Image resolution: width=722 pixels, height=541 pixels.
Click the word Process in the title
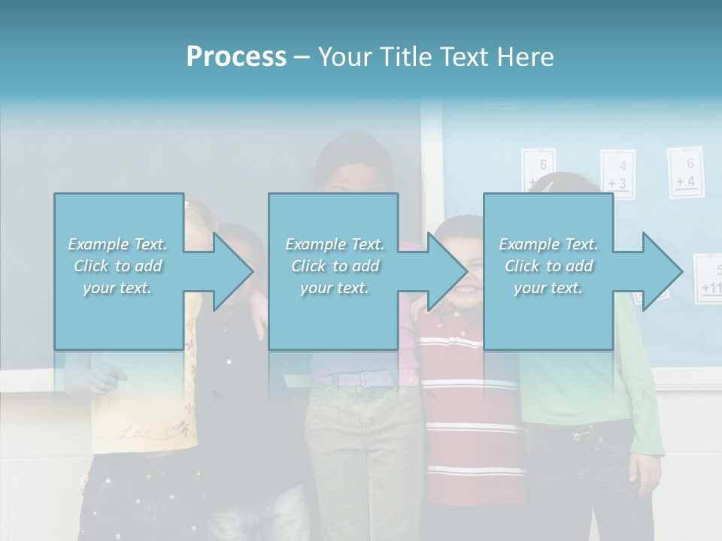click(236, 57)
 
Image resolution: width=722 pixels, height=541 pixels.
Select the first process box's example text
click(118, 266)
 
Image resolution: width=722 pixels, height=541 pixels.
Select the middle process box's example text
click(335, 266)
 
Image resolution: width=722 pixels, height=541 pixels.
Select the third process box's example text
click(548, 266)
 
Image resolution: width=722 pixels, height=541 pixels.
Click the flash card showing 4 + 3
click(617, 175)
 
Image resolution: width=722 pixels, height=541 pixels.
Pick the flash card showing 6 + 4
click(684, 172)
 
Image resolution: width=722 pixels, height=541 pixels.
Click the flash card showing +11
click(708, 280)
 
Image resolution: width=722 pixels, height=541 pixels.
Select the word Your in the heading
click(343, 57)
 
